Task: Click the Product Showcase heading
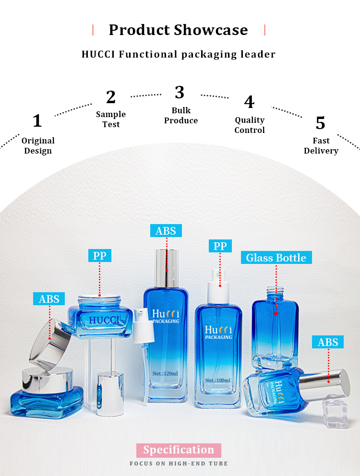click(179, 30)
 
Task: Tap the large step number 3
click(180, 92)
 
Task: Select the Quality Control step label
click(250, 125)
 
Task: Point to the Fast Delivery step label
click(321, 145)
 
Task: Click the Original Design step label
click(38, 145)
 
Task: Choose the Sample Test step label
click(111, 119)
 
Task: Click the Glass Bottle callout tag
click(276, 257)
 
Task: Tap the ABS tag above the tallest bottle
click(166, 231)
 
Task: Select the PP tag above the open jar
click(100, 256)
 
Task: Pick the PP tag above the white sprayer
click(220, 246)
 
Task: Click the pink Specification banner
click(179, 450)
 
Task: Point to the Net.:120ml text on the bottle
click(165, 373)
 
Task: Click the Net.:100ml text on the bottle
click(218, 380)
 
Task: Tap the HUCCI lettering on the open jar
click(104, 320)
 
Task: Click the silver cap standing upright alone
click(110, 394)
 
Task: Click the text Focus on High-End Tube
click(179, 464)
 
